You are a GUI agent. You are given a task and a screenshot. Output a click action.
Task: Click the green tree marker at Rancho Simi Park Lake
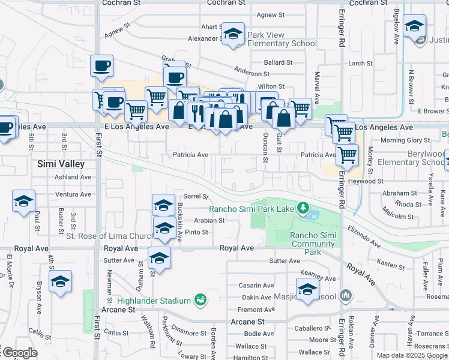pos(303,208)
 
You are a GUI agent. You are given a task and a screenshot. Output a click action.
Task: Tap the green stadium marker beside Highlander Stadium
pos(200,299)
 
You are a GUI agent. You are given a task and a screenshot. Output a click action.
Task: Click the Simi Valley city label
pos(60,164)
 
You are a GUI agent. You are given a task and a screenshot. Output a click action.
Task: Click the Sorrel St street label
pos(196,196)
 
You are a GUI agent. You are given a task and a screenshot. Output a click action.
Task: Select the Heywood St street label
pos(366,181)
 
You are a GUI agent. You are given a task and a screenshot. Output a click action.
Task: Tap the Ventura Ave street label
pos(73,194)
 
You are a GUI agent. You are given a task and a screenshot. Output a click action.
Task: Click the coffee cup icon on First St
pos(101,65)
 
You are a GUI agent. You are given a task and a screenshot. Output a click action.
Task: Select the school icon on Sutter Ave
pos(159,257)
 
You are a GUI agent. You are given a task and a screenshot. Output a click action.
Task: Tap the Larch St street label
pos(360,63)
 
